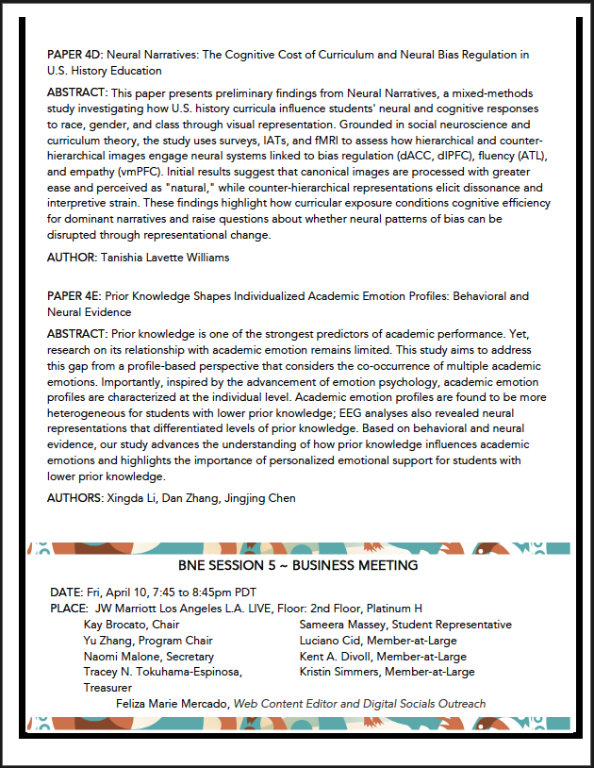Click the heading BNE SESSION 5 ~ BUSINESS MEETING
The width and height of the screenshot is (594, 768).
pyautogui.click(x=298, y=565)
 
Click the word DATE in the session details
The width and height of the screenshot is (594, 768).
pyautogui.click(x=65, y=593)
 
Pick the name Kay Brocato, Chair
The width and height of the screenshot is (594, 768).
pyautogui.click(x=131, y=625)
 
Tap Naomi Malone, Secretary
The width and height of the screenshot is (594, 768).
pyautogui.click(x=148, y=657)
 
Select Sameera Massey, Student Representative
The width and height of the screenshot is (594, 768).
pyautogui.click(x=405, y=625)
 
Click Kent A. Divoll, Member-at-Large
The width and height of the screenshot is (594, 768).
pyautogui.click(x=382, y=657)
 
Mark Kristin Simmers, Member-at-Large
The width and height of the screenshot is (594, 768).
pyautogui.click(x=387, y=672)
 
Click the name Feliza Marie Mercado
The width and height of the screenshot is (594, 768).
pyautogui.click(x=173, y=704)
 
